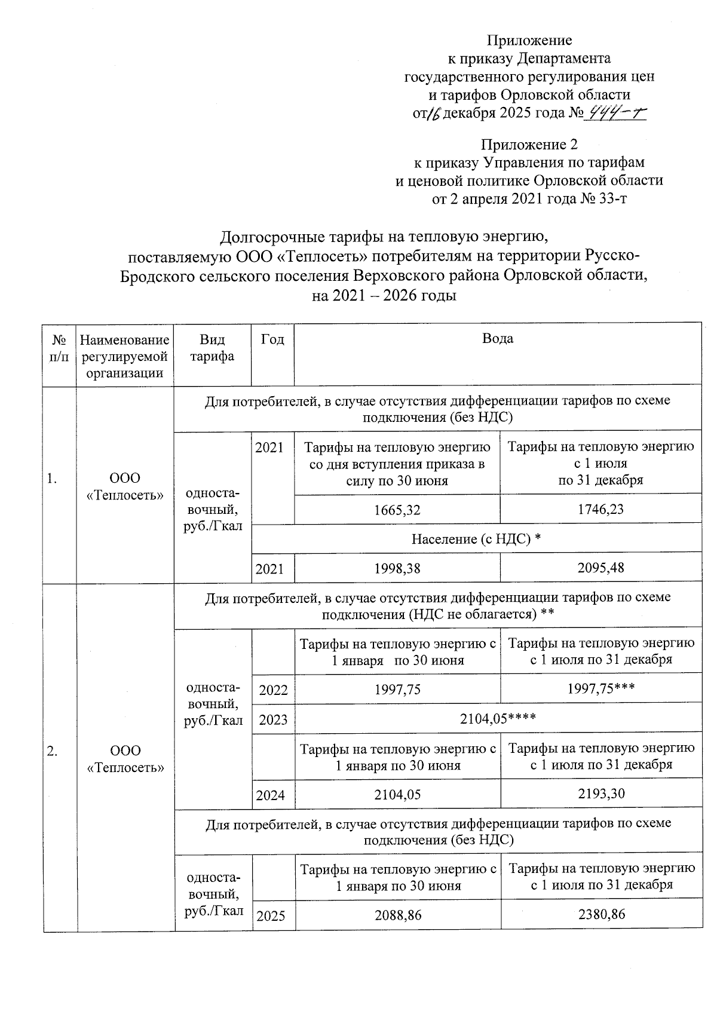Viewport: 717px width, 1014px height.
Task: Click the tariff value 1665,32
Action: click(x=397, y=510)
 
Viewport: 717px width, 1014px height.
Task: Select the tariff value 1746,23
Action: click(x=600, y=509)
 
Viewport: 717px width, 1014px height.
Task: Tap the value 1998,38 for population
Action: click(x=397, y=568)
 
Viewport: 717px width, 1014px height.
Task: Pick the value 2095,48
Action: click(x=600, y=568)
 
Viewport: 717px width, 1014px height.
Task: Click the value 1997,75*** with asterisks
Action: click(x=600, y=689)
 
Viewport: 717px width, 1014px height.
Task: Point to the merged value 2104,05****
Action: click(x=498, y=719)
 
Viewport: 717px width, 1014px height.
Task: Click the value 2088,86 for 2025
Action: click(x=397, y=915)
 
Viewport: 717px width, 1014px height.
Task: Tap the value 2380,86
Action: click(x=600, y=914)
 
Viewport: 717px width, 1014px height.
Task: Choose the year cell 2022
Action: click(x=273, y=690)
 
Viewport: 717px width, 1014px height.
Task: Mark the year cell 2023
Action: click(x=273, y=719)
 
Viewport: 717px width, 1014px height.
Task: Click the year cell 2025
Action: click(x=271, y=915)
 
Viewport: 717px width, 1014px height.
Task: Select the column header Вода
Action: click(x=498, y=339)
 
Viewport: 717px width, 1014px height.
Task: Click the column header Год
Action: click(x=272, y=339)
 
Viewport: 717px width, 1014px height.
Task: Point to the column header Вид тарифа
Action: click(x=212, y=348)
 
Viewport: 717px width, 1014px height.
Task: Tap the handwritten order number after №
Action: click(x=617, y=112)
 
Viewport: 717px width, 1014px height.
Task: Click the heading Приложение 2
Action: click(x=529, y=145)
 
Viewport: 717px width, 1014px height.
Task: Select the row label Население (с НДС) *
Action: click(x=476, y=539)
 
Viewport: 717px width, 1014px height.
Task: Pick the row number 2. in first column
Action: click(x=53, y=752)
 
